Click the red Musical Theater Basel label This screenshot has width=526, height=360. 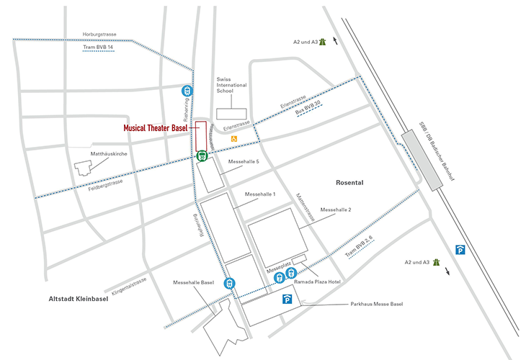155,127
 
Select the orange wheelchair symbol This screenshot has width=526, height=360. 233,138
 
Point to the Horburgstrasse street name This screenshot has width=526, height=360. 99,35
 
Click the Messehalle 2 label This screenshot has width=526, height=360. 335,210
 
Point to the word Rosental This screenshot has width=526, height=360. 350,183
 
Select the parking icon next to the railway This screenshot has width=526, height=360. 460,248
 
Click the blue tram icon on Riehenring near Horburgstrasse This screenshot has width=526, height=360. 187,91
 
